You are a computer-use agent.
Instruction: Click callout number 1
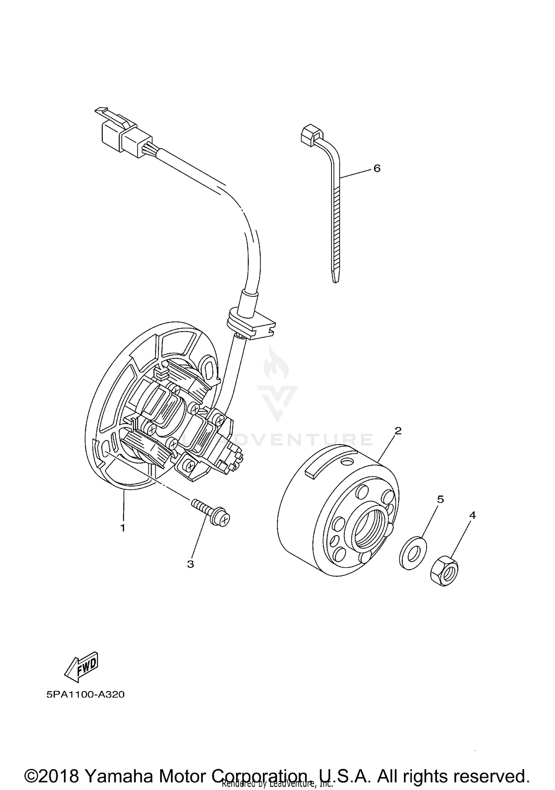pos(122,528)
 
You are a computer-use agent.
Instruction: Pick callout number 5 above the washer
pos(440,499)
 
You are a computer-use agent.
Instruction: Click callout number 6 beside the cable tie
pos(377,168)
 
